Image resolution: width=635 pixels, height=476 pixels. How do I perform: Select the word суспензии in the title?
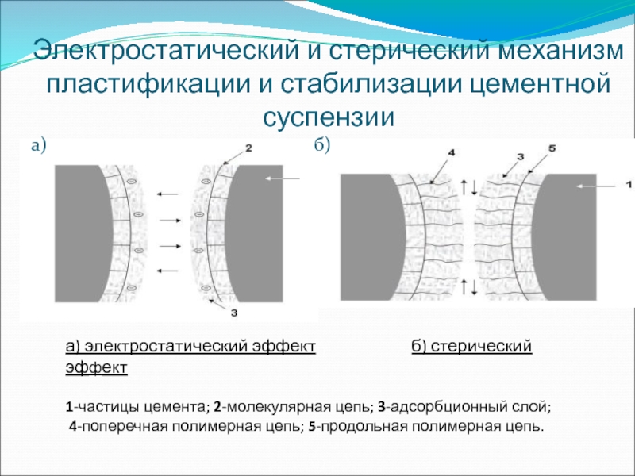[x=329, y=117]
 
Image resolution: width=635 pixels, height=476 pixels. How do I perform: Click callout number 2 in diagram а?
[x=248, y=148]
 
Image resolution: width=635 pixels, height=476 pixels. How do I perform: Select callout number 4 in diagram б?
[x=452, y=152]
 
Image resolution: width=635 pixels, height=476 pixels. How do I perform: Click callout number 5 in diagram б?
[x=552, y=148]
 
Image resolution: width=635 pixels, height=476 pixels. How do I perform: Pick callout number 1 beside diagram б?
[x=629, y=185]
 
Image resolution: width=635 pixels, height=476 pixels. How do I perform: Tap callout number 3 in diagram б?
[x=520, y=157]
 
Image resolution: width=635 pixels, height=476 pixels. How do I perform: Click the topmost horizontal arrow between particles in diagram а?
[x=167, y=193]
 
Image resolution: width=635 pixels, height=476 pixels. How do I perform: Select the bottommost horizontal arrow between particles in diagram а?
[x=167, y=271]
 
